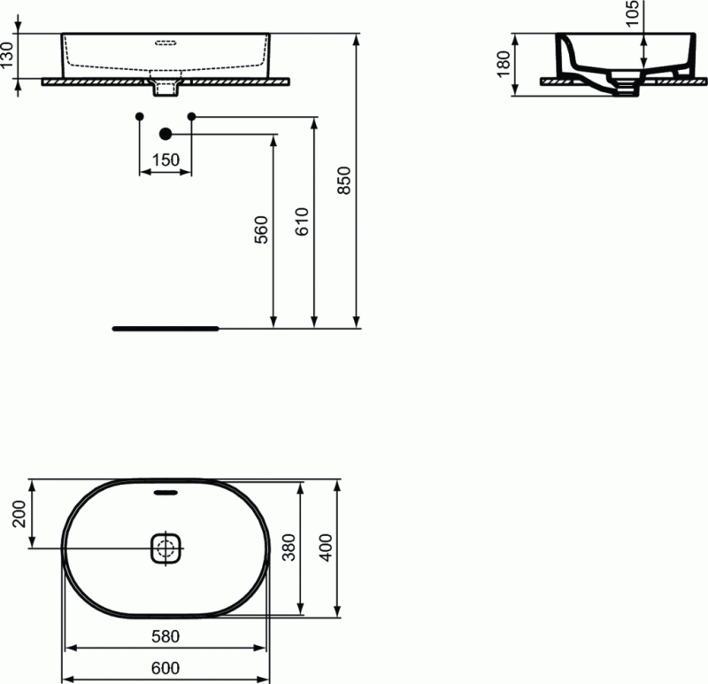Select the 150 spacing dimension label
pyautogui.click(x=165, y=160)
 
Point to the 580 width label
pyautogui.click(x=165, y=636)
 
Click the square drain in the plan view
pyautogui.click(x=165, y=548)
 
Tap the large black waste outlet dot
pyautogui.click(x=165, y=134)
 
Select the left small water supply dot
pyautogui.click(x=139, y=116)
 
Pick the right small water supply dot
pyautogui.click(x=192, y=116)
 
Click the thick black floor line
pyautogui.click(x=165, y=328)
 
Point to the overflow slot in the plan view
pyautogui.click(x=165, y=492)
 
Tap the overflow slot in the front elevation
pyautogui.click(x=165, y=41)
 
